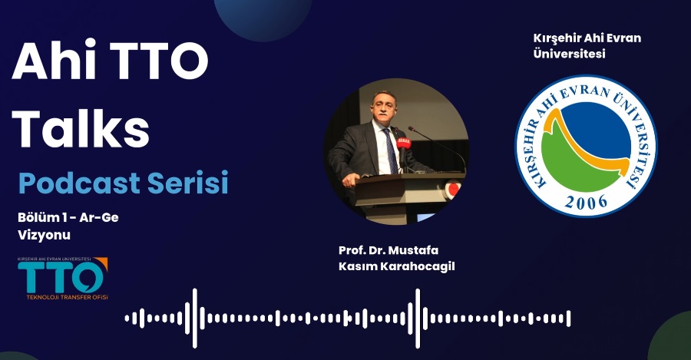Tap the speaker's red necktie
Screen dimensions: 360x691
[390, 150]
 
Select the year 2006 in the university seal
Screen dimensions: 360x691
[585, 201]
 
